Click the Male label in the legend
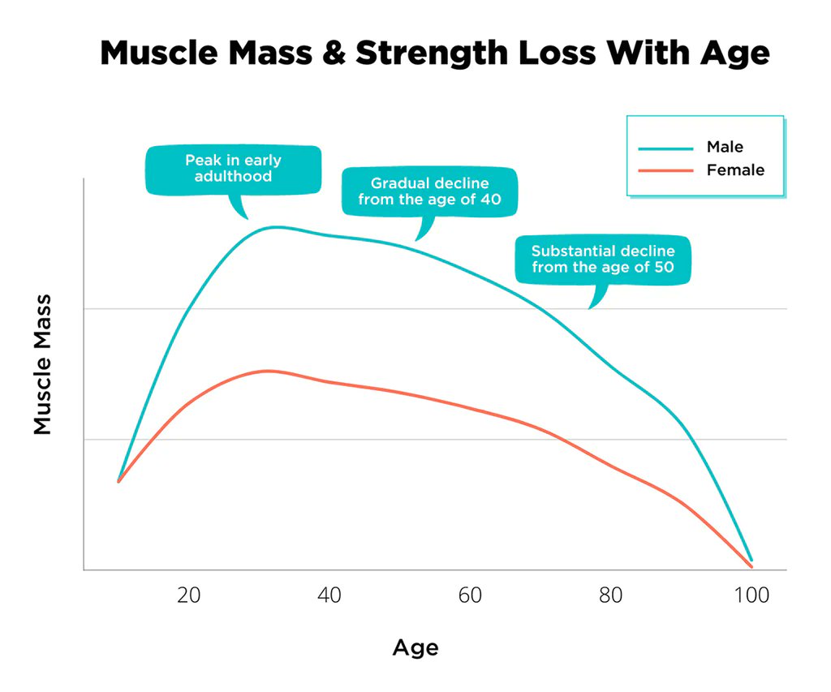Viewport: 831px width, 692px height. coord(725,147)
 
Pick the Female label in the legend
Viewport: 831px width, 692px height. coord(735,170)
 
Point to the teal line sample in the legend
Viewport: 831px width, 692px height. coord(665,148)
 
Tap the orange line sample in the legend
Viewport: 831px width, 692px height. coord(665,171)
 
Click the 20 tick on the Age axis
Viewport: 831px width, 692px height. coord(189,595)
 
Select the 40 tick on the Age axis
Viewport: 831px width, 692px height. coord(329,595)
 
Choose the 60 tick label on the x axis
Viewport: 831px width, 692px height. coord(470,595)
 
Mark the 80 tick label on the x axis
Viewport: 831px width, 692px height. coord(610,595)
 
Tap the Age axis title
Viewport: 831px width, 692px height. coord(415,647)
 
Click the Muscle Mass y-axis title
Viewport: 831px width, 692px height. coord(43,364)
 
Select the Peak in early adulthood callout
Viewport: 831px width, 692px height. coord(233,169)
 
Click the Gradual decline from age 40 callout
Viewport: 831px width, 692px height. coord(429,191)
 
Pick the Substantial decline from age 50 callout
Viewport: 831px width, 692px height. coord(603,260)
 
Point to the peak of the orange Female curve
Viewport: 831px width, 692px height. coord(267,371)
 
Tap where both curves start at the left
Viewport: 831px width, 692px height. coord(118,481)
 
